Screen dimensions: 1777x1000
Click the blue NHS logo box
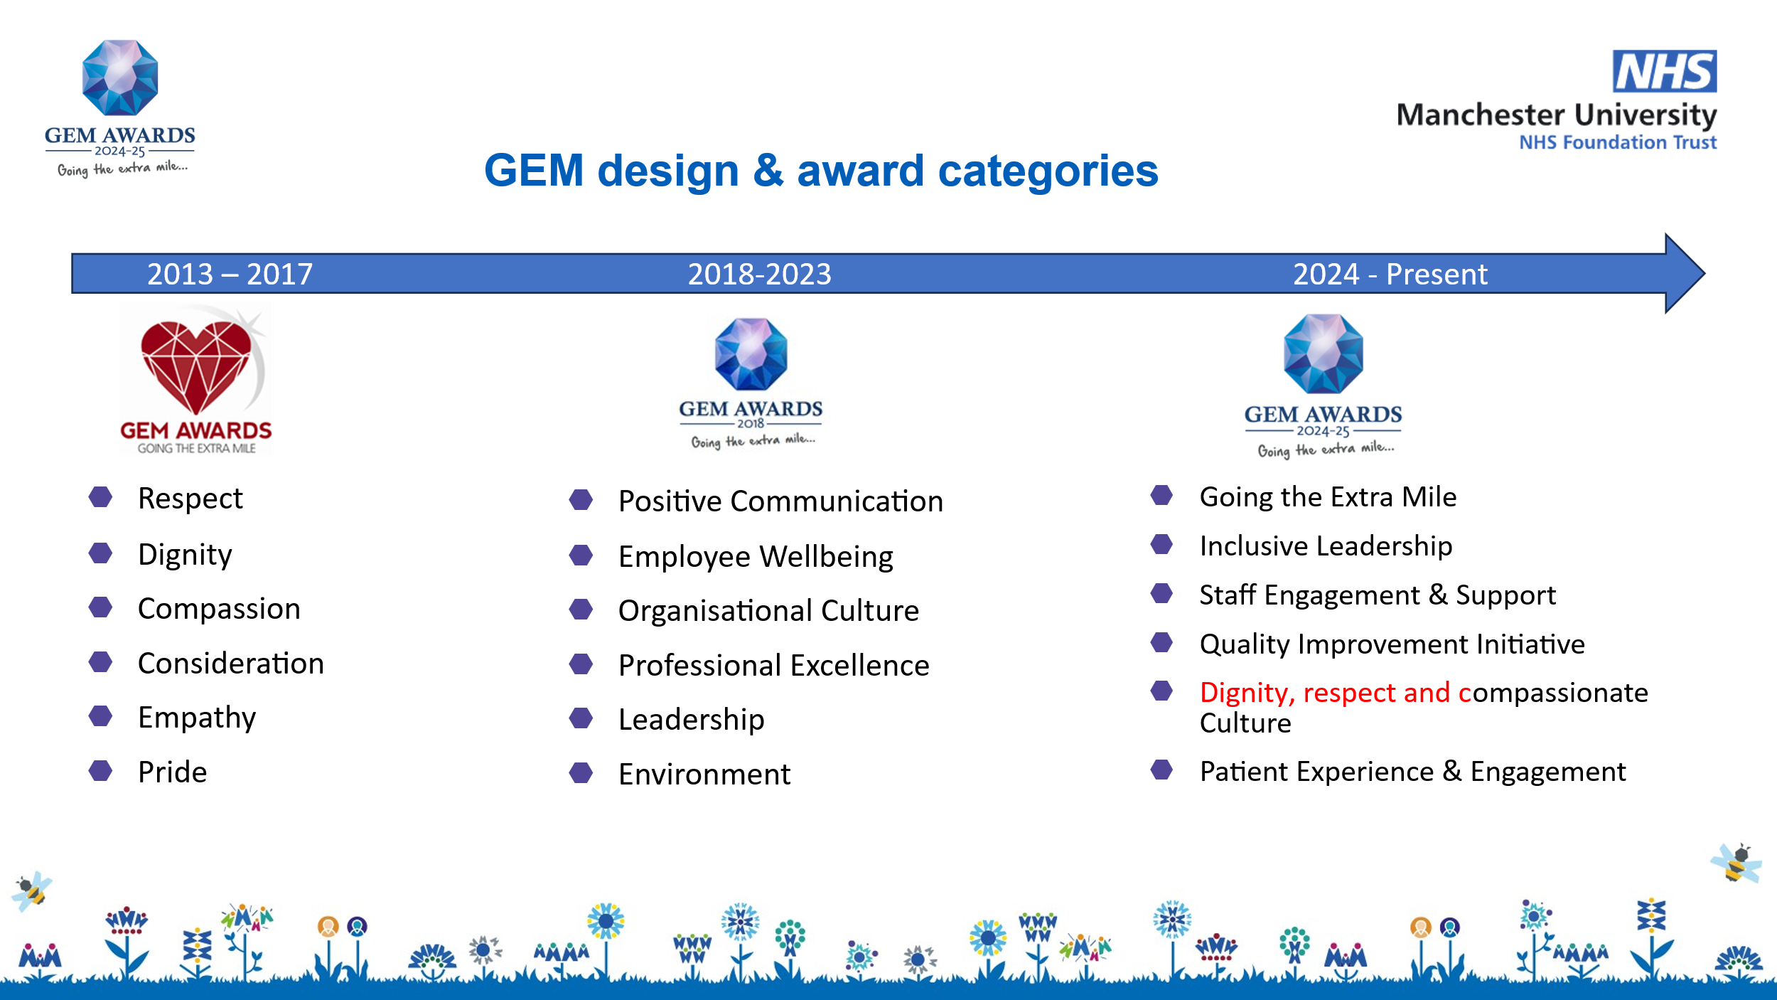click(x=1665, y=71)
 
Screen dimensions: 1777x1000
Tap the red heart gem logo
click(x=196, y=367)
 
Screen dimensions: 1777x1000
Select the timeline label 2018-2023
click(x=759, y=274)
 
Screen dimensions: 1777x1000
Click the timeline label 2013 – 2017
click(x=230, y=274)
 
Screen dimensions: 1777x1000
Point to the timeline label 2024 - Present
click(x=1390, y=274)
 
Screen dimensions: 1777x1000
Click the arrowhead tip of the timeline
click(x=1704, y=273)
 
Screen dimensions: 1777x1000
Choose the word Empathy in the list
click(x=197, y=718)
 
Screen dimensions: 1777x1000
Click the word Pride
click(x=173, y=772)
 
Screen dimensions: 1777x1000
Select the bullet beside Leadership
click(x=581, y=718)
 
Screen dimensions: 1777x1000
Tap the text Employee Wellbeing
click(x=756, y=557)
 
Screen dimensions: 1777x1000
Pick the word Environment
click(x=704, y=774)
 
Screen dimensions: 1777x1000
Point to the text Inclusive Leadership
click(x=1326, y=546)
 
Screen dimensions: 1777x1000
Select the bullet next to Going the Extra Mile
click(x=1161, y=495)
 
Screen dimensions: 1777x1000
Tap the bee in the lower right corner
click(x=1735, y=863)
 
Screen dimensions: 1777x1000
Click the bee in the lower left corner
click(x=31, y=890)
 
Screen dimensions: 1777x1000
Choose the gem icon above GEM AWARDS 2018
click(x=751, y=354)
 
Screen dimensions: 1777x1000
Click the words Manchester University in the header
click(x=1557, y=115)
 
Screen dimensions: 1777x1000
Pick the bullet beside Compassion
click(x=100, y=607)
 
